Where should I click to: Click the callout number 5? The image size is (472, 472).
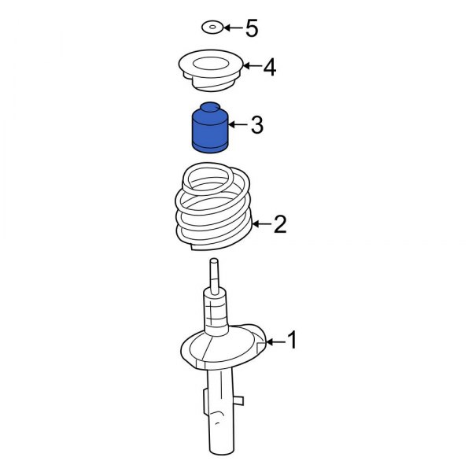click(251, 29)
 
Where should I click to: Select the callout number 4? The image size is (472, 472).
click(269, 68)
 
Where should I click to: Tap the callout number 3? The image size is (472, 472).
click(256, 124)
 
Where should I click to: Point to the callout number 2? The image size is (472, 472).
click(280, 226)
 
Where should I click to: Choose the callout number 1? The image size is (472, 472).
click(292, 341)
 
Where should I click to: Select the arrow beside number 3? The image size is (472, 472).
click(237, 124)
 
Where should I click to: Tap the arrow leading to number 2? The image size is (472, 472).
click(262, 226)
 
